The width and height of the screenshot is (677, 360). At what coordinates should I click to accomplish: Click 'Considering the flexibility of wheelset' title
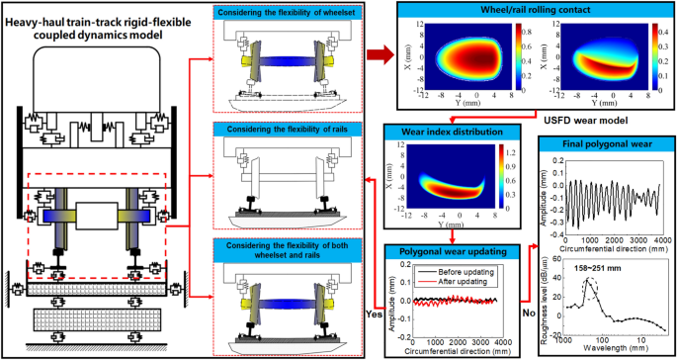coord(292,10)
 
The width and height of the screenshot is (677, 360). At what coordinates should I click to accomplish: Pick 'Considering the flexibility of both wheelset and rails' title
coord(292,243)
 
